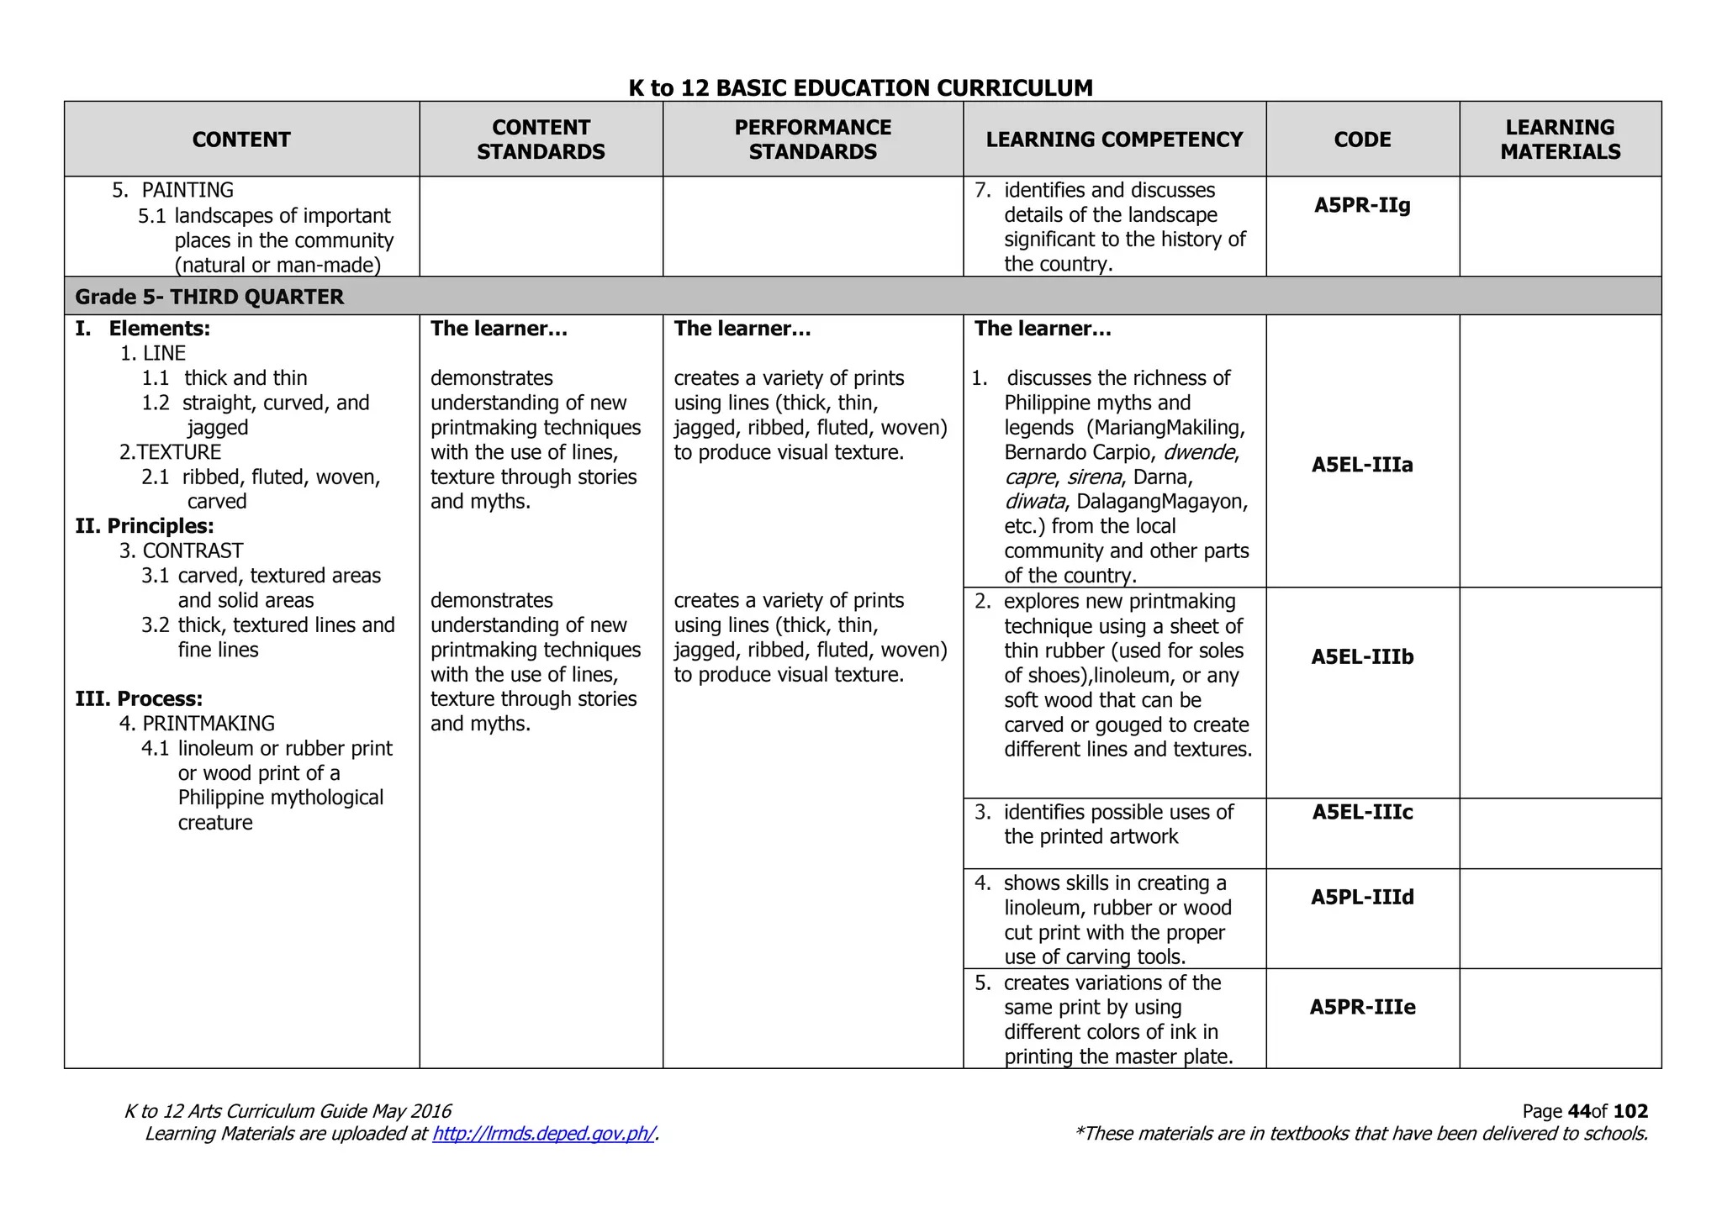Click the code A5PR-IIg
click(x=1362, y=205)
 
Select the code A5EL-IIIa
click(x=1362, y=465)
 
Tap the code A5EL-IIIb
click(x=1362, y=656)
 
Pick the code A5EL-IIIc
click(x=1362, y=812)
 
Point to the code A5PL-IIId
click(x=1362, y=897)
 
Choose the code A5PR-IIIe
click(x=1362, y=1007)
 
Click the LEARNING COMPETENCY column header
click(x=1114, y=140)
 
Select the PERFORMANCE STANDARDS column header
click(x=812, y=140)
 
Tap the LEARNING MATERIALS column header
click(x=1560, y=140)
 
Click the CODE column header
click(x=1362, y=140)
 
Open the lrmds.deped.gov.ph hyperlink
click(x=543, y=1134)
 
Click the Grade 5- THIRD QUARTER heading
click(x=209, y=297)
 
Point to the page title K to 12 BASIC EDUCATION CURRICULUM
click(x=860, y=87)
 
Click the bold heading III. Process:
click(x=139, y=698)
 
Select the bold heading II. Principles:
click(x=145, y=526)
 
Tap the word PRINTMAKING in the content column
click(x=209, y=724)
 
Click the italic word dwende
click(x=1200, y=452)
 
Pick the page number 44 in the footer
click(x=1579, y=1111)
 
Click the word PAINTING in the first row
click(x=188, y=190)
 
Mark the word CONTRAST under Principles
click(x=193, y=551)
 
